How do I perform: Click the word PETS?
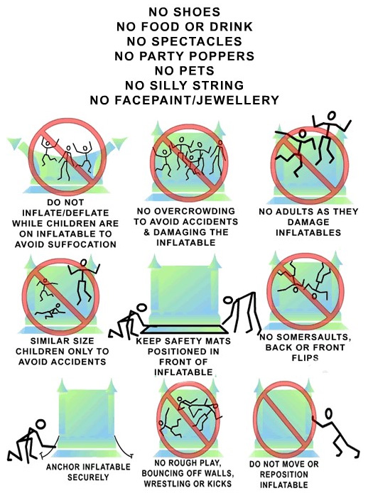198,70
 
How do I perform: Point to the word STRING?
218,85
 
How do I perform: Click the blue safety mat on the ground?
185,330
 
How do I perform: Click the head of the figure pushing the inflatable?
328,413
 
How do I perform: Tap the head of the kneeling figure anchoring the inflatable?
41,424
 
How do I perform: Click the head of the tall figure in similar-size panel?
84,262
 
